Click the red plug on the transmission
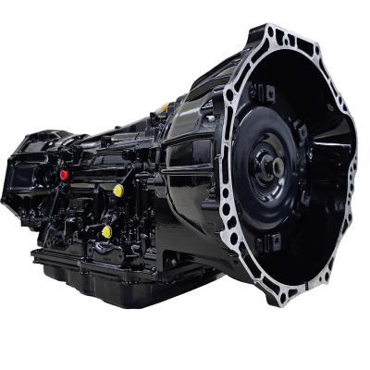[x=64, y=173]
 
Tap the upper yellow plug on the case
[x=118, y=191]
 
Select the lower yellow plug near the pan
[x=107, y=230]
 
